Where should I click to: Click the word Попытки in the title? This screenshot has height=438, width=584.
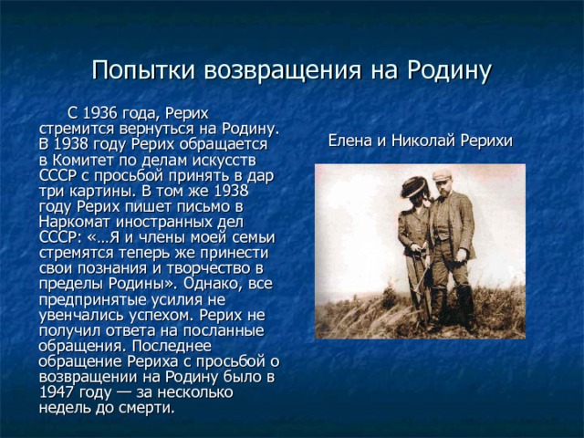(x=144, y=70)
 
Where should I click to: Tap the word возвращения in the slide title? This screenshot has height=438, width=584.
(x=283, y=71)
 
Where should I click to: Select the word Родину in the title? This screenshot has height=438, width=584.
(x=449, y=71)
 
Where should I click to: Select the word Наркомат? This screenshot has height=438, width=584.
(x=75, y=222)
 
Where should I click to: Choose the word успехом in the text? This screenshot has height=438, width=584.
(x=161, y=315)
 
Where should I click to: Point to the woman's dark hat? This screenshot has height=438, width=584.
(x=414, y=186)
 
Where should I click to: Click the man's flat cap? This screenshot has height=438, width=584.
(x=442, y=174)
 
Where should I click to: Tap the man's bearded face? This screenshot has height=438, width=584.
(x=443, y=188)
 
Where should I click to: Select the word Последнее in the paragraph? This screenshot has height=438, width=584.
(x=172, y=346)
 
